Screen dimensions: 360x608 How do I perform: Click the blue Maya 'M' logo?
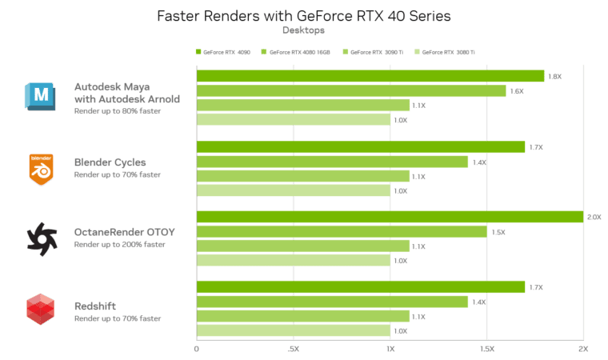[39, 96]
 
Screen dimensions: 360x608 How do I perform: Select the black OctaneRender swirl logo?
[38, 238]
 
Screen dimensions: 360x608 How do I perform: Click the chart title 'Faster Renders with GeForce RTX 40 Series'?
[303, 14]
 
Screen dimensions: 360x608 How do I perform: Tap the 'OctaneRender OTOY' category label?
[123, 231]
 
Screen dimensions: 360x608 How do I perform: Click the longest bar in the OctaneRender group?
[390, 217]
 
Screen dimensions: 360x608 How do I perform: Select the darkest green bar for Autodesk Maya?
[370, 76]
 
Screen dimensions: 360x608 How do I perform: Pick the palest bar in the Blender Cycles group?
[293, 190]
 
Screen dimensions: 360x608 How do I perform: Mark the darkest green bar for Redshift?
[361, 286]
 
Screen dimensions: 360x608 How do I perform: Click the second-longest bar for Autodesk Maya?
[351, 91]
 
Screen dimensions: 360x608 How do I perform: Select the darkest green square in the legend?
[198, 52]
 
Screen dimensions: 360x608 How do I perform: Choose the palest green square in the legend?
[417, 52]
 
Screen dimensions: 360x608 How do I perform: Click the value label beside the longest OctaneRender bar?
[594, 217]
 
